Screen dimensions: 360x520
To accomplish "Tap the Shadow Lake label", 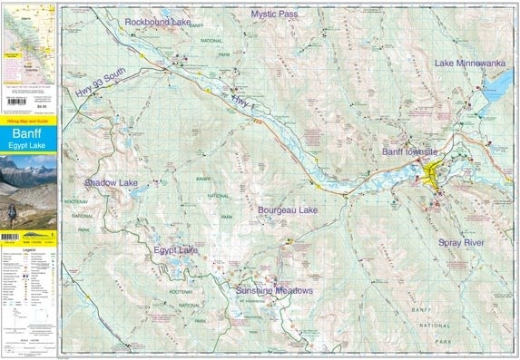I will tap(111, 183).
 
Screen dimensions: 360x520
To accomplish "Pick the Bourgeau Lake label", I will tap(288, 210).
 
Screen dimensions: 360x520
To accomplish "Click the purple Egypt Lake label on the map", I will tap(175, 249).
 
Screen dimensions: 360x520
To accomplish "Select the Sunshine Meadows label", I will tap(274, 291).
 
